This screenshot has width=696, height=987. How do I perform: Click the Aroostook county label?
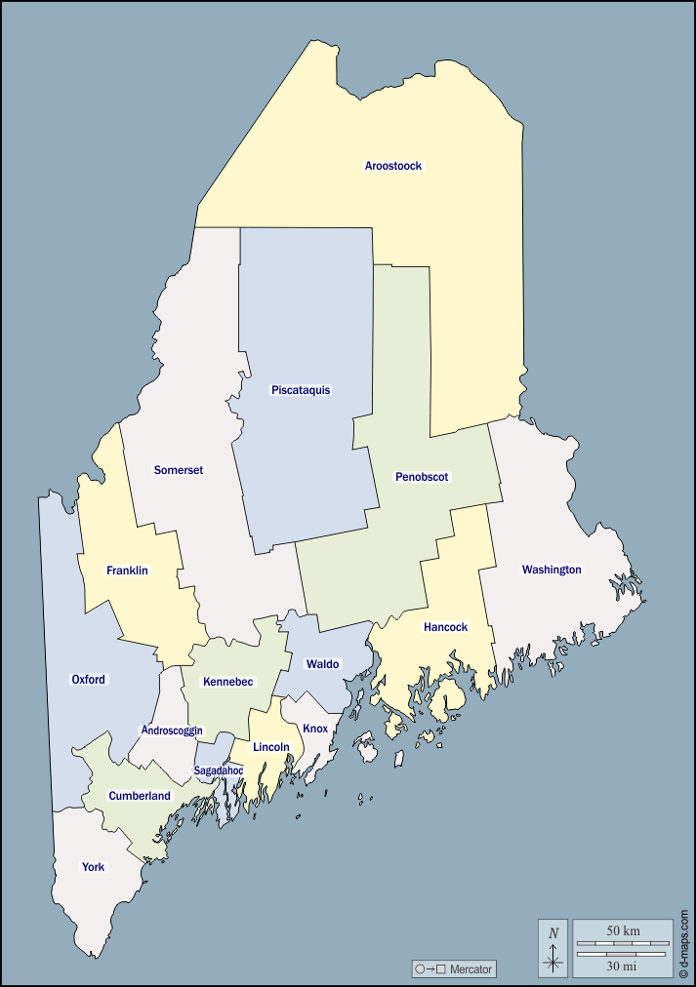(x=393, y=166)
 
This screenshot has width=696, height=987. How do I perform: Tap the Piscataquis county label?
(x=301, y=390)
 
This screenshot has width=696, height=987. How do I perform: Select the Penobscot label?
(x=422, y=477)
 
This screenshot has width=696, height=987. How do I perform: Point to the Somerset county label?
(x=179, y=470)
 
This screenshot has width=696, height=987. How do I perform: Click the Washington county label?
(x=552, y=570)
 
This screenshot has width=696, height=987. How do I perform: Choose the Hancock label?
(x=445, y=627)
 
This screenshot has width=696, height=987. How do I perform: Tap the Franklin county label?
(x=128, y=571)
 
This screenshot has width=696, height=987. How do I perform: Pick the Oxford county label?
(x=89, y=680)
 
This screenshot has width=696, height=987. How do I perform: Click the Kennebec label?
(x=227, y=682)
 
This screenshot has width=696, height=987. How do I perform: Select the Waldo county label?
(x=322, y=664)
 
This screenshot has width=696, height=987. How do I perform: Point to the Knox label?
(x=315, y=729)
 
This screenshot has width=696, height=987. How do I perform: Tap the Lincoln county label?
(x=271, y=747)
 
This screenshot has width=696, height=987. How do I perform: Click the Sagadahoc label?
(x=219, y=770)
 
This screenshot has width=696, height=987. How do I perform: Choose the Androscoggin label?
(x=172, y=730)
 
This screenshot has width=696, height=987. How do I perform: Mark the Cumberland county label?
(x=140, y=796)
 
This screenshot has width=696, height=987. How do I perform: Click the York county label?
(x=93, y=867)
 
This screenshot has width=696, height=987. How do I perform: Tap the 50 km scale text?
(x=623, y=931)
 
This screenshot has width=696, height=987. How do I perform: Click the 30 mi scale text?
(x=623, y=966)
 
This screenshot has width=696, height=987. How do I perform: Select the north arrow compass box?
(x=553, y=948)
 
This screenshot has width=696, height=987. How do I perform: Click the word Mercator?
(x=471, y=969)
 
